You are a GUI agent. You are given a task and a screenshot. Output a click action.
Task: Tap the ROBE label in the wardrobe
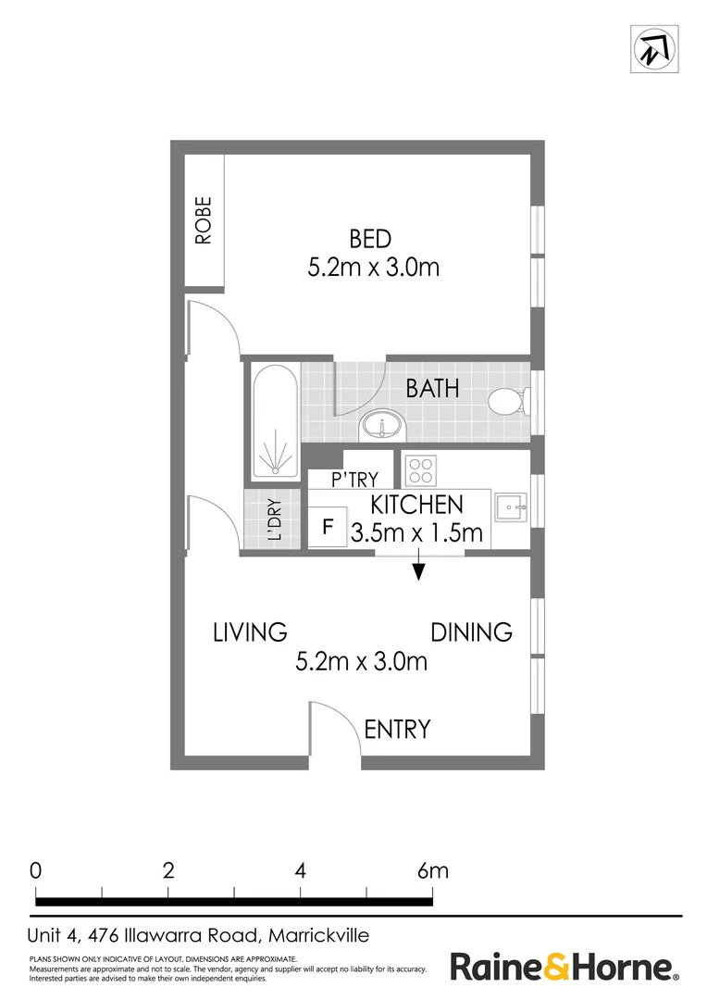[x=204, y=219]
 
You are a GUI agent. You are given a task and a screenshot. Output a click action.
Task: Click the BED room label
[x=369, y=238]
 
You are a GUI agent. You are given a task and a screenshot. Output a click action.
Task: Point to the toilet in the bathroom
[x=506, y=402]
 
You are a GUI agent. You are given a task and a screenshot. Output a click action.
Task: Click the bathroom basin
[x=381, y=429]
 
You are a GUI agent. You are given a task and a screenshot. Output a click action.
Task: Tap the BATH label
[x=432, y=387]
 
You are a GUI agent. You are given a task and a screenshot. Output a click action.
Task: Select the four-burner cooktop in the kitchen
[x=420, y=470]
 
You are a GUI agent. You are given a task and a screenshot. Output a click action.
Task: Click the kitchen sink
[x=510, y=506]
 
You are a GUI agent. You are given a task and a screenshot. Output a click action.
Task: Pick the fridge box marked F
[x=327, y=529]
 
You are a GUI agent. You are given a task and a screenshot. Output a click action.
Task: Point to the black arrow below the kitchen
[x=418, y=568]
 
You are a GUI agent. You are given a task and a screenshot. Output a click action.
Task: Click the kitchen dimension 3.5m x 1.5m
[x=416, y=532]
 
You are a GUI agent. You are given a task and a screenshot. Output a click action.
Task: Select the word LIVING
[x=250, y=632]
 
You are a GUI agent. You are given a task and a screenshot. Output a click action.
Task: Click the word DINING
[x=471, y=632]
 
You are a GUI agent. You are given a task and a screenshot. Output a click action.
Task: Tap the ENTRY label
[x=397, y=729]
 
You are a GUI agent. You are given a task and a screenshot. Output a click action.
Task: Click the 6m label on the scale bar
[x=432, y=870]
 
